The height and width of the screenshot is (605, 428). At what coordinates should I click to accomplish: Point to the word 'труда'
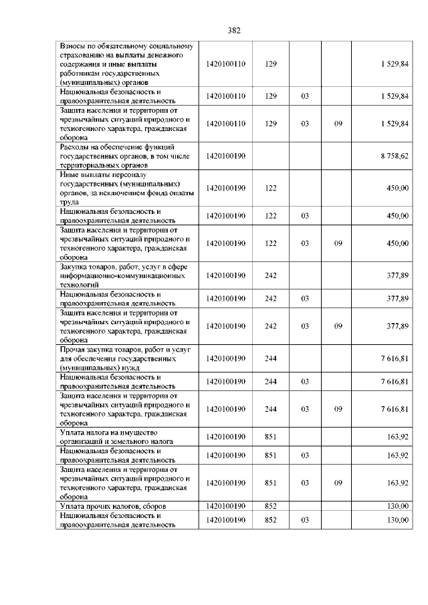[70, 201]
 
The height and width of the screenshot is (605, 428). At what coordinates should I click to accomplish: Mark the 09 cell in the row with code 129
[338, 124]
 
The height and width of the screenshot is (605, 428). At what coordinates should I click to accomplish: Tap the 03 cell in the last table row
[304, 519]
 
